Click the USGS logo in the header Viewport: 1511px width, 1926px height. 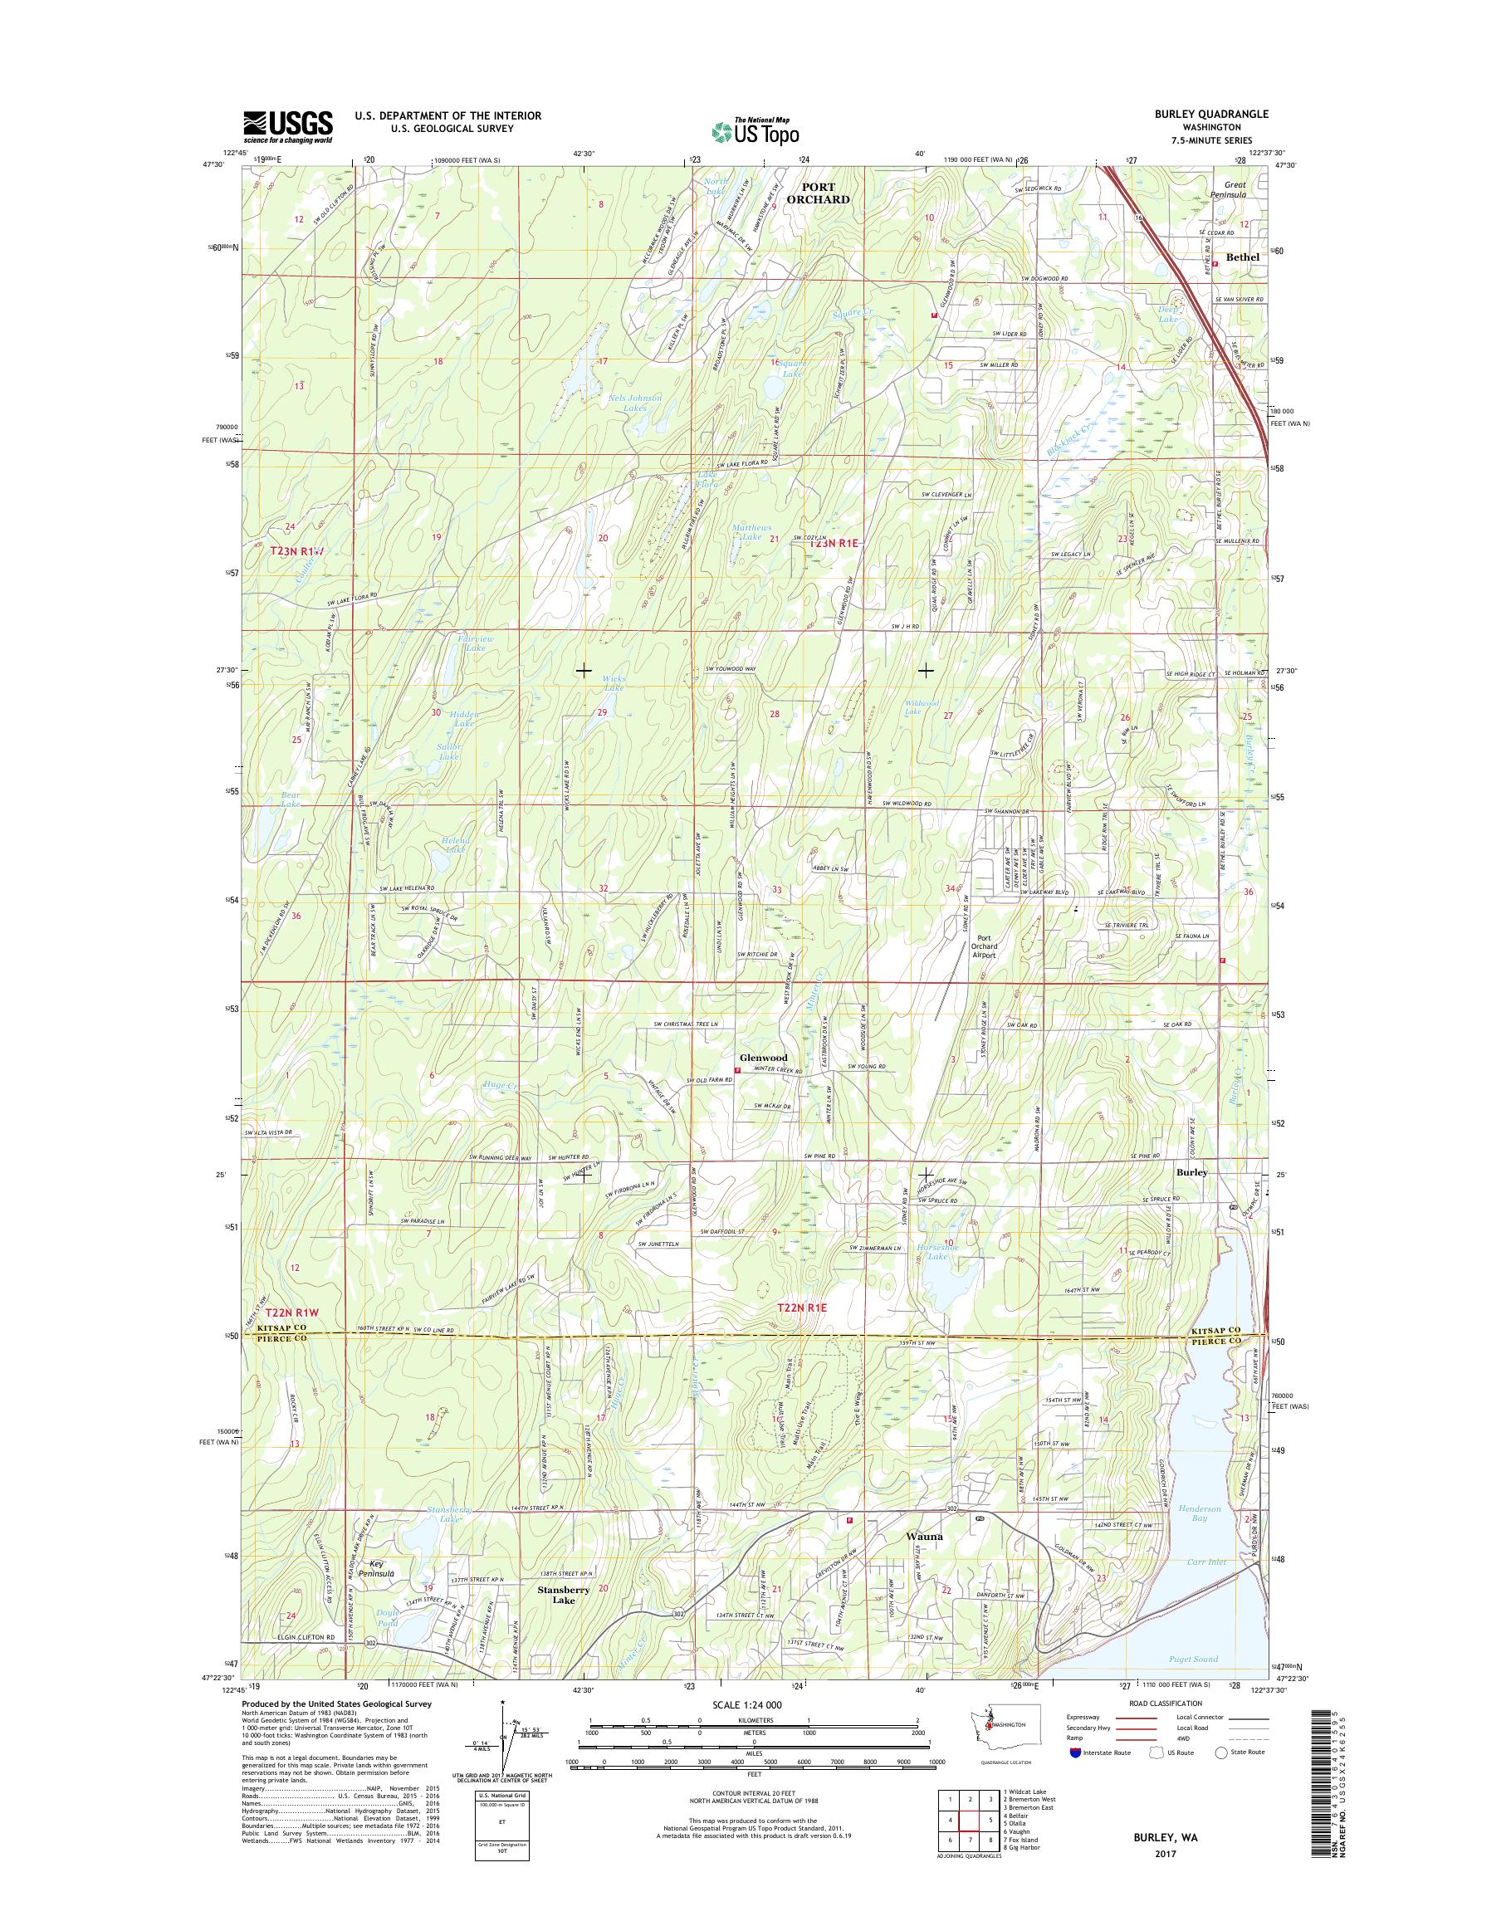coord(287,126)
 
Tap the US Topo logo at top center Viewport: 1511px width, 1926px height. coord(755,131)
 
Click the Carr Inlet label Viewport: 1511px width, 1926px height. coord(1208,1562)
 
